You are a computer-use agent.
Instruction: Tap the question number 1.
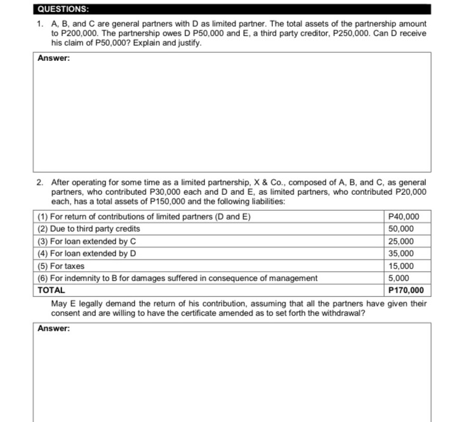[39, 23]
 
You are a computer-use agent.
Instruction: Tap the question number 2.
[39, 182]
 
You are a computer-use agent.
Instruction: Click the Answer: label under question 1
[54, 58]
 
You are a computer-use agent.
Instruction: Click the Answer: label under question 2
[54, 328]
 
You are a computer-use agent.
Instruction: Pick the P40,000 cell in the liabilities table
[400, 217]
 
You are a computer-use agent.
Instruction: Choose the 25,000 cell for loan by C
[400, 241]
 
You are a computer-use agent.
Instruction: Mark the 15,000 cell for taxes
[400, 266]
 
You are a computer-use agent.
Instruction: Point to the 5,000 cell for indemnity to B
[398, 278]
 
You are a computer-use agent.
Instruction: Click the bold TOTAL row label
[51, 291]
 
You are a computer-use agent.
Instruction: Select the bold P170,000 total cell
[405, 291]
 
